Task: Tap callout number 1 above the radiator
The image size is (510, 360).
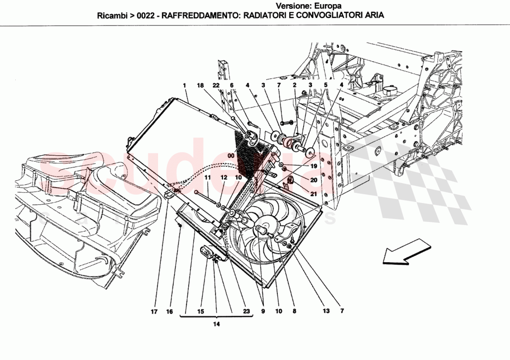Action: tap(184, 85)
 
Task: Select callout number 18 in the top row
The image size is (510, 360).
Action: tap(200, 85)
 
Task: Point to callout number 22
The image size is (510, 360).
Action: tap(216, 85)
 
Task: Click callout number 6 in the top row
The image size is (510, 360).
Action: tap(232, 85)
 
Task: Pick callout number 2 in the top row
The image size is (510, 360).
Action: tap(294, 85)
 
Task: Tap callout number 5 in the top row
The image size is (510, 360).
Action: tap(326, 85)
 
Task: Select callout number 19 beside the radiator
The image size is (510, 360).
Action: tap(313, 166)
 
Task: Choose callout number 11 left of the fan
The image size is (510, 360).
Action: tap(208, 177)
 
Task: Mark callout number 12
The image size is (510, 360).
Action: tap(223, 177)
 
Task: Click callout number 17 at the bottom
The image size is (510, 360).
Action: tap(154, 312)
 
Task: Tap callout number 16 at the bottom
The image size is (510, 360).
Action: tap(170, 312)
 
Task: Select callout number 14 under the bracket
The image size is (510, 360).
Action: tap(216, 324)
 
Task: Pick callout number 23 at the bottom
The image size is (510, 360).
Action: tap(247, 312)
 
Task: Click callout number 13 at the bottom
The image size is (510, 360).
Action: tap(326, 311)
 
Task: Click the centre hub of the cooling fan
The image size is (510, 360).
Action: tap(261, 228)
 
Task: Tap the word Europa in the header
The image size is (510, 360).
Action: tap(330, 6)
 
